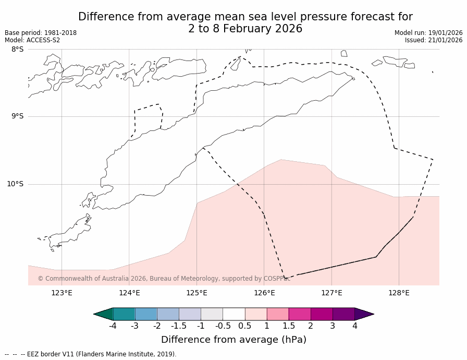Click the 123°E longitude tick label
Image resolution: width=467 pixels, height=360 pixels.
[62, 293]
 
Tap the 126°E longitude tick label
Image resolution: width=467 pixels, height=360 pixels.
[264, 293]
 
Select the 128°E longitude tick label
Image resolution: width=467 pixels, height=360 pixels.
[399, 293]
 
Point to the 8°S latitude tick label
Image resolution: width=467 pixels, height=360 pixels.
[17, 49]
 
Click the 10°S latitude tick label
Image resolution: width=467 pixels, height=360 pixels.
[15, 184]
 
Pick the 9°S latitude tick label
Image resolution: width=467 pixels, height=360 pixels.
[17, 116]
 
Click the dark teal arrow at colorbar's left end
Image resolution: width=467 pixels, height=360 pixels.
[103, 314]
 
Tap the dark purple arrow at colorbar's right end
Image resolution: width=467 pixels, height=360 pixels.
[364, 314]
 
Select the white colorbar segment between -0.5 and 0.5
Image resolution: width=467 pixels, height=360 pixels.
[233, 314]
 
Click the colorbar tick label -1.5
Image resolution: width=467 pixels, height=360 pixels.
[179, 326]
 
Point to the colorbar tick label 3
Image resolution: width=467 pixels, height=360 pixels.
[333, 326]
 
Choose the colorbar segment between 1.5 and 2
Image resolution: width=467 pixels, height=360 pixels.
[300, 314]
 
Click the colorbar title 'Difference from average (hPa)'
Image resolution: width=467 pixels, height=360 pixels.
[233, 340]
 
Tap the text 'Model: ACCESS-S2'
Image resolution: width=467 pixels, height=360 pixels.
[32, 40]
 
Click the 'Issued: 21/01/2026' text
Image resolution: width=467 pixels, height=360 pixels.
[434, 40]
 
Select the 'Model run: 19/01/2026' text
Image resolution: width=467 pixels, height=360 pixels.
[428, 33]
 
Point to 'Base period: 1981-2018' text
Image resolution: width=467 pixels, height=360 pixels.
[41, 33]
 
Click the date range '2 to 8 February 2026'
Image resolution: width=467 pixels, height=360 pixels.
[245, 29]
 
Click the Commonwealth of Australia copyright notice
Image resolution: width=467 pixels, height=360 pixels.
[164, 279]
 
